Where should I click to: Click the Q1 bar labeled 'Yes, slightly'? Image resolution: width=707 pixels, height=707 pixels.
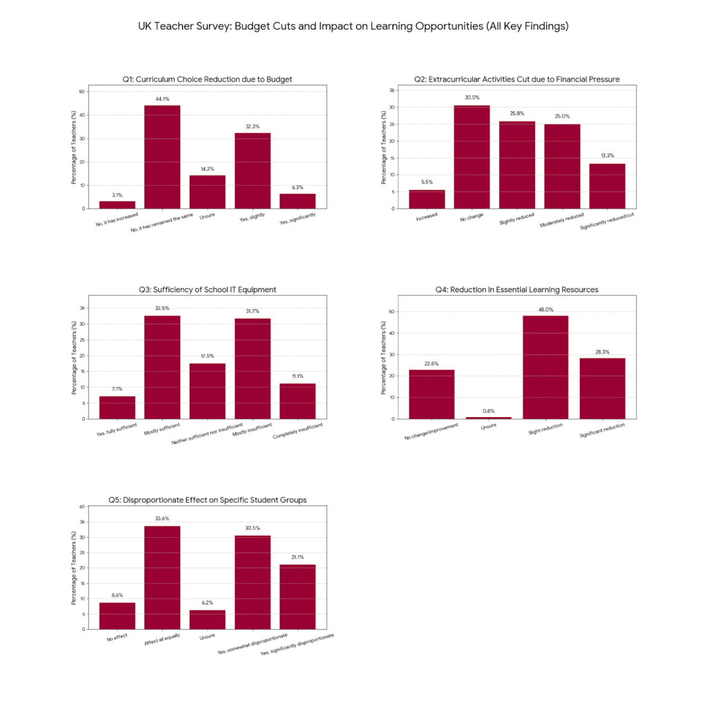pos(253,171)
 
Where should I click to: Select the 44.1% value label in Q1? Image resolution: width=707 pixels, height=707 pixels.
pos(162,99)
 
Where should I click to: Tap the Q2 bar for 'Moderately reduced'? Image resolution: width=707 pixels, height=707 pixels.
pos(562,166)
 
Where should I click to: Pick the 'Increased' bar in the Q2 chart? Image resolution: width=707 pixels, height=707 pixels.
pos(427,199)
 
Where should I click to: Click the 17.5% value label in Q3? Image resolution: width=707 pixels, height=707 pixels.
pos(207,356)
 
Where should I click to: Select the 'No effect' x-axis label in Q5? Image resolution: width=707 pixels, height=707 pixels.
pos(116,639)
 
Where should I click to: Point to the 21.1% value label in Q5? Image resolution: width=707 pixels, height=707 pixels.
pos(298,557)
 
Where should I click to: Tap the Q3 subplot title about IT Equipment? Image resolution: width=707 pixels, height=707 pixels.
pos(207,290)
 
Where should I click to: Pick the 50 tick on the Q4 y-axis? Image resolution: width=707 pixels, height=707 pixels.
pos(391,311)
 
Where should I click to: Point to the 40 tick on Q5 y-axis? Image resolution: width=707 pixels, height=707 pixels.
pos(82,507)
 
